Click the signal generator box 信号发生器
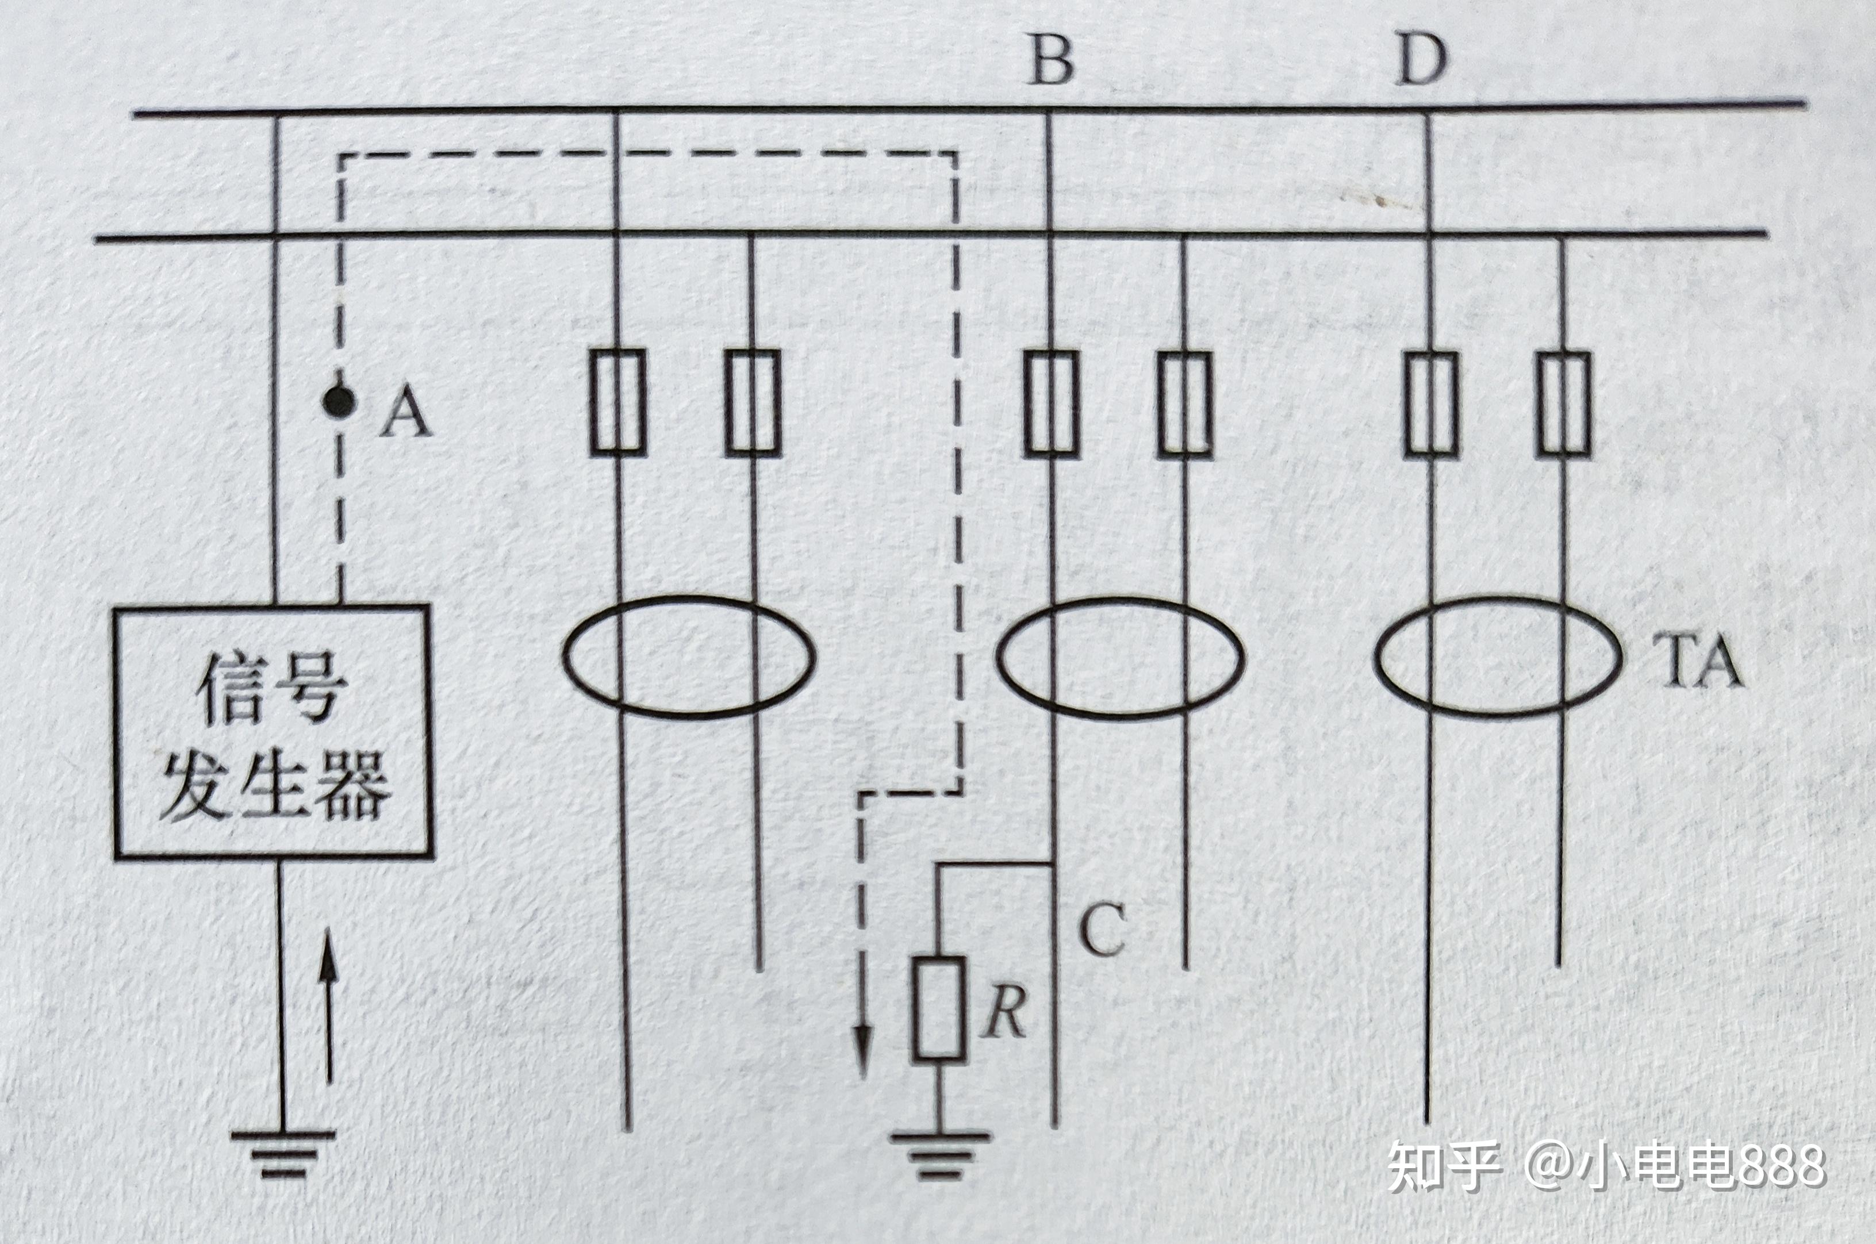(273, 731)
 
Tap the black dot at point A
(339, 401)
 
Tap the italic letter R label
(1005, 1013)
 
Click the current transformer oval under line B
(1120, 658)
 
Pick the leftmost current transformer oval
(689, 658)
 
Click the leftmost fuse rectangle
(617, 402)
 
